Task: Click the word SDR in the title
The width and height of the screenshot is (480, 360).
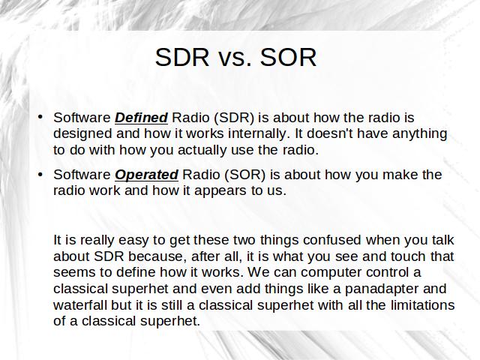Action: pyautogui.click(x=182, y=57)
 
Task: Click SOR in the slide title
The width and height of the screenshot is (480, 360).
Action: pyautogui.click(x=288, y=57)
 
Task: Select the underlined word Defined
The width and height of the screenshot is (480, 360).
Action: pyautogui.click(x=141, y=118)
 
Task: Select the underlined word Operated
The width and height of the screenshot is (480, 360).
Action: pyautogui.click(x=146, y=175)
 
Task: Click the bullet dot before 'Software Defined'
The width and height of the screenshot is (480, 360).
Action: pyautogui.click(x=40, y=117)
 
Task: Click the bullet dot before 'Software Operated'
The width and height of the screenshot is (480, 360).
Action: pyautogui.click(x=40, y=174)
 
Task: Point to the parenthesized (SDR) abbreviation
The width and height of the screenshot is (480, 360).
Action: pyautogui.click(x=234, y=118)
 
